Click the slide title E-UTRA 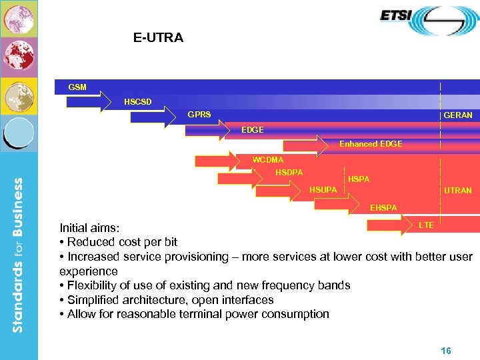point(158,38)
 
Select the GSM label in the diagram point(77,87)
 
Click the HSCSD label point(137,101)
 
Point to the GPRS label point(199,115)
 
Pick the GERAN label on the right point(457,115)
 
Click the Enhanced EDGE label point(371,144)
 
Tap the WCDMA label point(267,159)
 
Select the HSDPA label point(289,173)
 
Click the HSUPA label point(323,191)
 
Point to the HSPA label point(359,179)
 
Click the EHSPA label point(383,208)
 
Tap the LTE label point(426,225)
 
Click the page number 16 point(446,350)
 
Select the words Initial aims point(89,228)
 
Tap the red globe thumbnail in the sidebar point(18,57)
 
